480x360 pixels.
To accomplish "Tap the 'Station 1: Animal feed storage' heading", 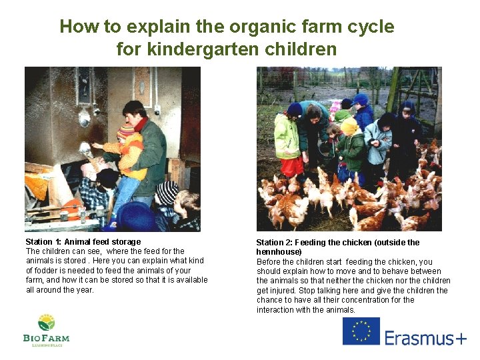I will [x=83, y=241].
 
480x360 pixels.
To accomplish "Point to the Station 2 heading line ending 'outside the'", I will [x=338, y=243].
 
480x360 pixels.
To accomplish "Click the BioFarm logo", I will [x=46, y=330].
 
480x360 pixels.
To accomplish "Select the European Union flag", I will [x=361, y=331].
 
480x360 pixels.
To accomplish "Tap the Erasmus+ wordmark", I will [x=425, y=338].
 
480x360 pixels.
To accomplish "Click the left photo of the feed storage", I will [x=113, y=149].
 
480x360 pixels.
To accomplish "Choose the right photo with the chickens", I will [x=349, y=149].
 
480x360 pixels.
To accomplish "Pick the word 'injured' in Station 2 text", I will [x=285, y=291].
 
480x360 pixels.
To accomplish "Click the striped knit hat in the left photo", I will [x=167, y=193].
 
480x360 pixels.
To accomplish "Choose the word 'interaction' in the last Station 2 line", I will [x=277, y=310].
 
